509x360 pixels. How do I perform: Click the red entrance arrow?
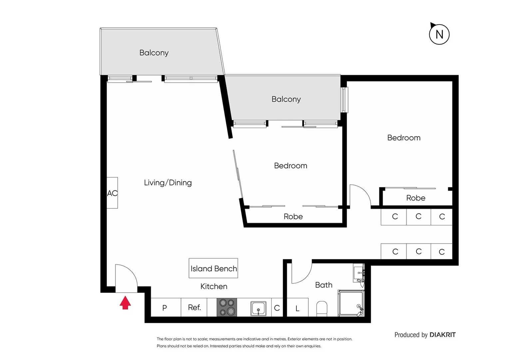(x=125, y=303)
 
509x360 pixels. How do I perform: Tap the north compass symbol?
(x=439, y=34)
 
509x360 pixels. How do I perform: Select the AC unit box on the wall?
(x=112, y=193)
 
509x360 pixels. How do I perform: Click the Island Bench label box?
(x=213, y=268)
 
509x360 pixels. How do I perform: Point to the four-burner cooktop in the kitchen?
(x=227, y=307)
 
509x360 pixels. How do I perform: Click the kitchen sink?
(x=258, y=308)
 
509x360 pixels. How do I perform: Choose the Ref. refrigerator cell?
(x=194, y=307)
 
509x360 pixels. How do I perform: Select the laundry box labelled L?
(x=297, y=308)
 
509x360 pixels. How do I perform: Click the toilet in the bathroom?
(x=322, y=308)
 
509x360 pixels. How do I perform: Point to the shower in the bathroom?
(x=351, y=303)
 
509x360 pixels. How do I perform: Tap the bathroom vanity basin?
(x=358, y=273)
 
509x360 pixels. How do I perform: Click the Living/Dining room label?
(x=168, y=183)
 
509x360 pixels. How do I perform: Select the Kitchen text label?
(x=214, y=286)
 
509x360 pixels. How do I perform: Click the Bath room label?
(x=323, y=285)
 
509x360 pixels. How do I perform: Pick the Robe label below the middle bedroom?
(x=293, y=217)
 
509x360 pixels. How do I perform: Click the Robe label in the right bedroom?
(x=416, y=198)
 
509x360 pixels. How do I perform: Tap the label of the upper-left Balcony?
(x=154, y=53)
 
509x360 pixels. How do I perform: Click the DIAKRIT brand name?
(x=442, y=335)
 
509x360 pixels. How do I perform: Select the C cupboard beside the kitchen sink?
(x=277, y=308)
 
